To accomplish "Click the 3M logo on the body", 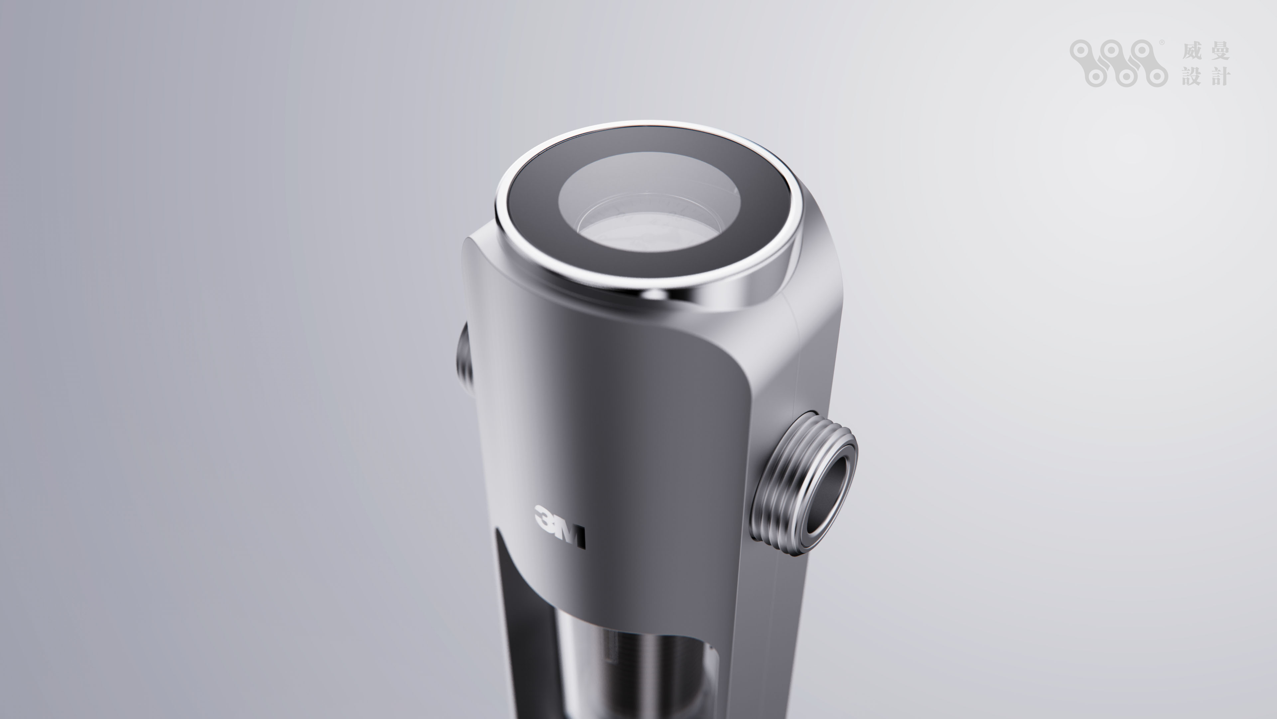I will click(x=560, y=534).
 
